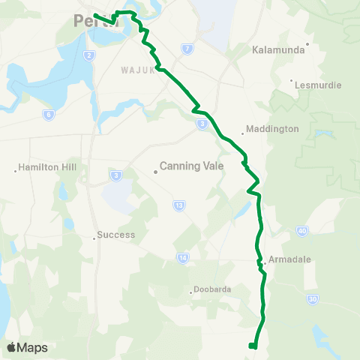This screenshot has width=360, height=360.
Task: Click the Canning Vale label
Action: pos(192,167)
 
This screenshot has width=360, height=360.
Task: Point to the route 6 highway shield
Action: pos(49,115)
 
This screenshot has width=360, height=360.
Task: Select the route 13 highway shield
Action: pos(178,204)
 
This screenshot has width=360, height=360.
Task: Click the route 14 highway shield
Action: pos(182,257)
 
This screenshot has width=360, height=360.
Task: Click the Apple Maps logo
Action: pos(28,347)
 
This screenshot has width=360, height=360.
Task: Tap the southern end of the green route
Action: pos(252,346)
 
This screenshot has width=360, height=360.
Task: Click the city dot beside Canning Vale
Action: pos(155,172)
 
